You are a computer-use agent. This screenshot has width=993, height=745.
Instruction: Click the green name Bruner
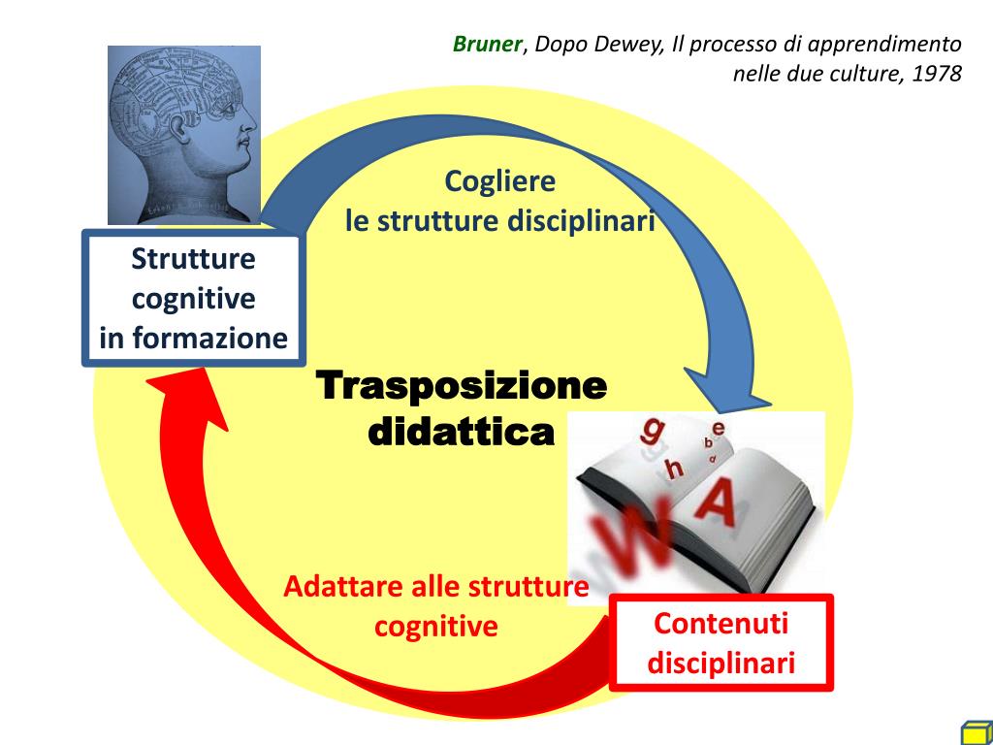point(488,45)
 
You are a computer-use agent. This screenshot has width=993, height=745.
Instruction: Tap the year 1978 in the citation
point(936,74)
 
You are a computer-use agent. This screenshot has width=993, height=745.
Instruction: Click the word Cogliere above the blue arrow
point(499,181)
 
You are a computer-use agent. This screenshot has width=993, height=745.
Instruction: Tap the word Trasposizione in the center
point(463,386)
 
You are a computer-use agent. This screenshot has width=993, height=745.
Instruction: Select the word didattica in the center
point(463,432)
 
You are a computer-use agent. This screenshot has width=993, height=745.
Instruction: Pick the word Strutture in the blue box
point(193,260)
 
